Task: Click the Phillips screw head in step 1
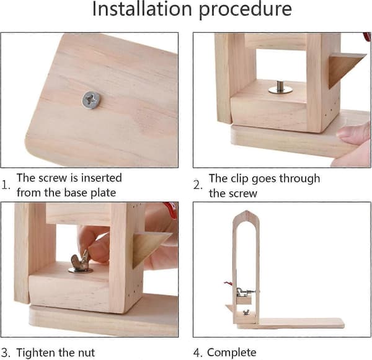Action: (91, 100)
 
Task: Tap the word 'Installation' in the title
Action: (142, 9)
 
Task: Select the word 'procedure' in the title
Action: (245, 11)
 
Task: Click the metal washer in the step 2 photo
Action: (280, 90)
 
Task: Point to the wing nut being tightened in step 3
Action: (80, 260)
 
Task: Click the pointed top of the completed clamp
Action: (247, 211)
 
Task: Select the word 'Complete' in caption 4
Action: (231, 353)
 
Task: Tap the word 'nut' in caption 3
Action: (86, 353)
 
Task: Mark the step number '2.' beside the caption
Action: (198, 185)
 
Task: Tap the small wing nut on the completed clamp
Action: (246, 312)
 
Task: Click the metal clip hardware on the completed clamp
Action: (245, 292)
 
